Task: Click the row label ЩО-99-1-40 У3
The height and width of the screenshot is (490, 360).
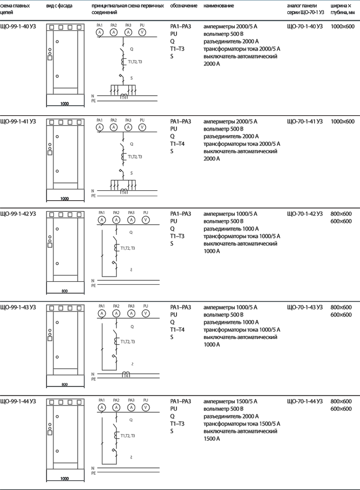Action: [x=18, y=26]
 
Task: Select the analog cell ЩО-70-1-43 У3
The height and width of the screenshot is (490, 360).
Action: [x=305, y=307]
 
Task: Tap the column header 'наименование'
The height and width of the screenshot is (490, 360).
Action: [x=219, y=6]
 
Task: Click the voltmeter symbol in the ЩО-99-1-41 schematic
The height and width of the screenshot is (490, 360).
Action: [x=142, y=127]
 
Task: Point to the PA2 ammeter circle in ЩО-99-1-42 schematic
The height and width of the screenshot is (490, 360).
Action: [x=116, y=220]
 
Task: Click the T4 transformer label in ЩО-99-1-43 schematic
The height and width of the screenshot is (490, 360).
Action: [x=126, y=376]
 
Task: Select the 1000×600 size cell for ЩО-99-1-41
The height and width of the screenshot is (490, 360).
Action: [x=342, y=122]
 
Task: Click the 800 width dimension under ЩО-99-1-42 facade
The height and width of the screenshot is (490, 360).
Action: [x=65, y=291]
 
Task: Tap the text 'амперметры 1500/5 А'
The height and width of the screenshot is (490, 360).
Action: [x=230, y=401]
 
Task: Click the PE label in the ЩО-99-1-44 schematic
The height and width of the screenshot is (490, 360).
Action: [x=94, y=473]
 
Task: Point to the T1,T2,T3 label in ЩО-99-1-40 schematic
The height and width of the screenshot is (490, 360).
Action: [x=135, y=62]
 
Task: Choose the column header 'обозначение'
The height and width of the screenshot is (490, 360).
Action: [x=184, y=6]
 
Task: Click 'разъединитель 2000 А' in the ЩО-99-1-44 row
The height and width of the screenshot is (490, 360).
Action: [x=231, y=416]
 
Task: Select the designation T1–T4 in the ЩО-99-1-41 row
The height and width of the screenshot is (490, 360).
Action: [x=177, y=144]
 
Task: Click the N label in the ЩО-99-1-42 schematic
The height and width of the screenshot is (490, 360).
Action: [x=93, y=281]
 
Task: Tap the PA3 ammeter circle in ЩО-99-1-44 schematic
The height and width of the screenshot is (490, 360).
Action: [x=131, y=407]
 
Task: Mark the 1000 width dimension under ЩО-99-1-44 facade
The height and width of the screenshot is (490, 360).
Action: [x=65, y=478]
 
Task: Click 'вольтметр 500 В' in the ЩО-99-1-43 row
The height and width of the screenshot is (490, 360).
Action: [x=223, y=315]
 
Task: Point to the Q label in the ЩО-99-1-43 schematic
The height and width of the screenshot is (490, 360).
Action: [x=132, y=327]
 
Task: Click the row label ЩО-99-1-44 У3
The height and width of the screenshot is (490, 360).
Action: [x=18, y=401]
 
